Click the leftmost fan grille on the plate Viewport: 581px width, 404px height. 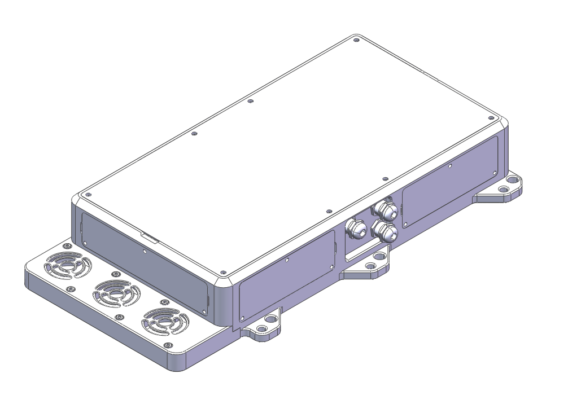tap(68, 264)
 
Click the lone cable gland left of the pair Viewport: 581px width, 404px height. tap(356, 229)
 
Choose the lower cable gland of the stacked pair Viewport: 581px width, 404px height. tap(385, 231)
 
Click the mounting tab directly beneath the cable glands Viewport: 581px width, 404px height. tap(370, 265)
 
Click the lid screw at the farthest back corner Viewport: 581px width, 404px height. tap(356, 40)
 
